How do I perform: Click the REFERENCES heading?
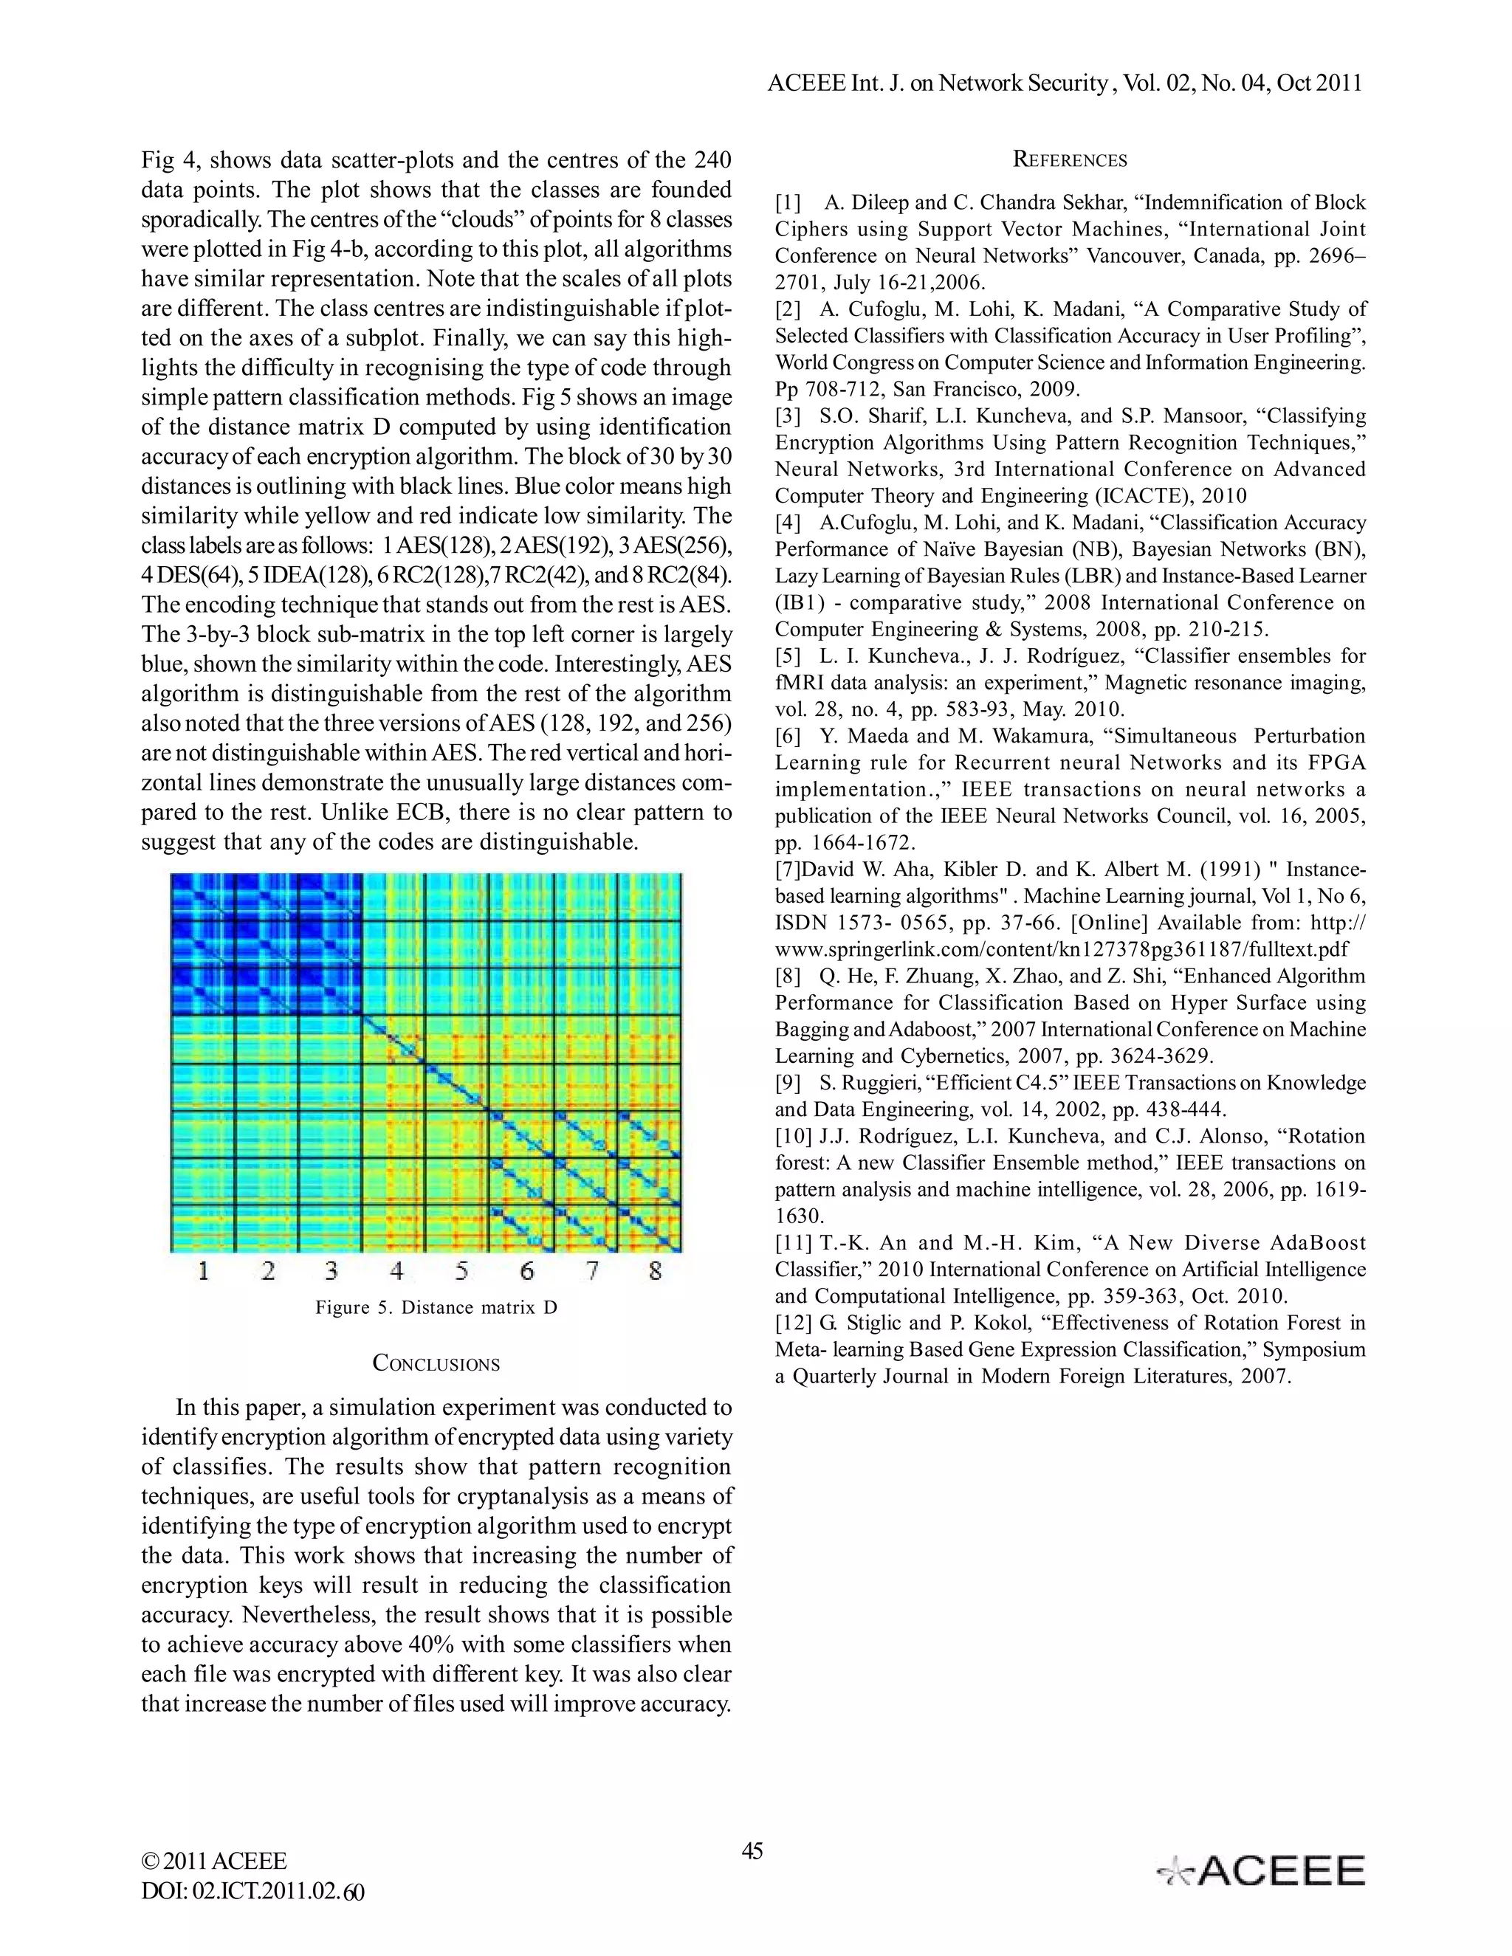[1070, 160]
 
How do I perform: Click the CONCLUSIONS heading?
[436, 1364]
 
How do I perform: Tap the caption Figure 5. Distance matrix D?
[436, 1308]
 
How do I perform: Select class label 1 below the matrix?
[203, 1270]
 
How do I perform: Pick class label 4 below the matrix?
[396, 1270]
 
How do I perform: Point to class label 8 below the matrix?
[656, 1270]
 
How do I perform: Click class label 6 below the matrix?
[526, 1270]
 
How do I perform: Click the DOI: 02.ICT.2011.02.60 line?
[252, 1892]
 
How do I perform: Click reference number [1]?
[788, 203]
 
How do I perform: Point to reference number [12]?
[793, 1323]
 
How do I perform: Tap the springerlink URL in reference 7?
[1062, 949]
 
